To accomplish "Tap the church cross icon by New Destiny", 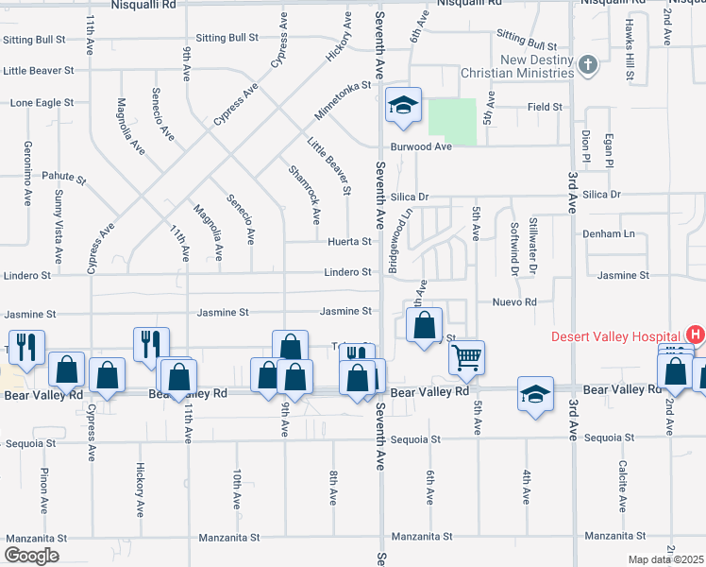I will pyautogui.click(x=588, y=65).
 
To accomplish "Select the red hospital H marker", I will pyautogui.click(x=696, y=335).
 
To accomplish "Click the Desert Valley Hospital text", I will pyautogui.click(x=618, y=336).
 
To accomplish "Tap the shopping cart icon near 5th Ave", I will pyautogui.click(x=466, y=358).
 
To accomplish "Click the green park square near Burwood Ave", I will pyautogui.click(x=453, y=121).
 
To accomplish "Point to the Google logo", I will pyautogui.click(x=32, y=556).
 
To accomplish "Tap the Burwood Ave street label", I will pyautogui.click(x=421, y=146).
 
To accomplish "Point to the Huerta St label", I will pyautogui.click(x=348, y=242).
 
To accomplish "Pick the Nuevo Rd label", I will pyautogui.click(x=513, y=302).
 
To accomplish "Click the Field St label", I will pyautogui.click(x=545, y=108).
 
